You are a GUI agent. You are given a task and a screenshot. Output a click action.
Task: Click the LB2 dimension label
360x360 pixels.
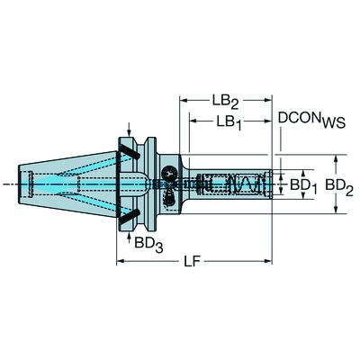click(x=225, y=99)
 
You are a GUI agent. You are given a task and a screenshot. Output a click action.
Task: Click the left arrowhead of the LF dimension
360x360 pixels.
click(x=121, y=262)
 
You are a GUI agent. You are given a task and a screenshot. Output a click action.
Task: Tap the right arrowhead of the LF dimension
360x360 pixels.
click(x=267, y=262)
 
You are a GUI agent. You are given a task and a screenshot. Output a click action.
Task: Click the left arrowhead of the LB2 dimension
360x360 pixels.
click(x=184, y=99)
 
